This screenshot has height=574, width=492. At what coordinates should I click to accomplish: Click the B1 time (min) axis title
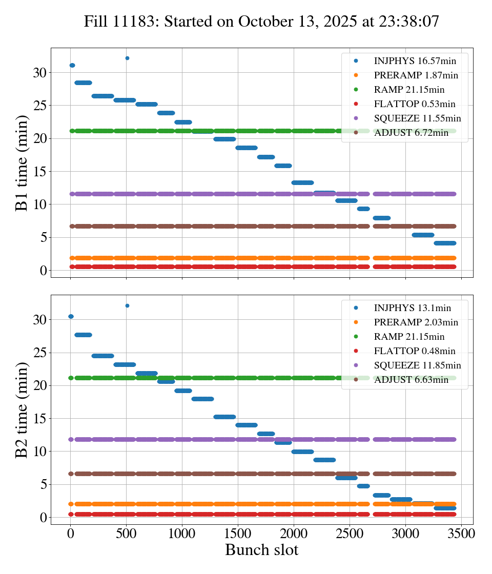click(x=22, y=163)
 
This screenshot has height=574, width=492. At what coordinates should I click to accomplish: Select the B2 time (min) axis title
click(x=22, y=409)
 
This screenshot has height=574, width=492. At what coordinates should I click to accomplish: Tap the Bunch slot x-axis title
click(x=261, y=550)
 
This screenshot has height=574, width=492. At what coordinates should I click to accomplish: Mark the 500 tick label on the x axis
click(x=127, y=534)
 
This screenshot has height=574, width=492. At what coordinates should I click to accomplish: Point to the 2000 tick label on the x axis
click(x=294, y=534)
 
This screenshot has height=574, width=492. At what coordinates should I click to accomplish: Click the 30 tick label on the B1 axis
click(x=40, y=73)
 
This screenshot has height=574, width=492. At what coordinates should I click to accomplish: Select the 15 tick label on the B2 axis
click(x=40, y=419)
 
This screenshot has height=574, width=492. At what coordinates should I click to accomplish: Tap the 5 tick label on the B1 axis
click(x=43, y=237)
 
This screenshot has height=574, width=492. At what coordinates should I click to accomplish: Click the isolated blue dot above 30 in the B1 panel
click(x=127, y=58)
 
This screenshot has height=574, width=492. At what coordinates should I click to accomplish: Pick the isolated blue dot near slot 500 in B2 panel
click(x=127, y=305)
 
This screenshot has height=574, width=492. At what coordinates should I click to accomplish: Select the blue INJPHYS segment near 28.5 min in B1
click(x=83, y=83)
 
